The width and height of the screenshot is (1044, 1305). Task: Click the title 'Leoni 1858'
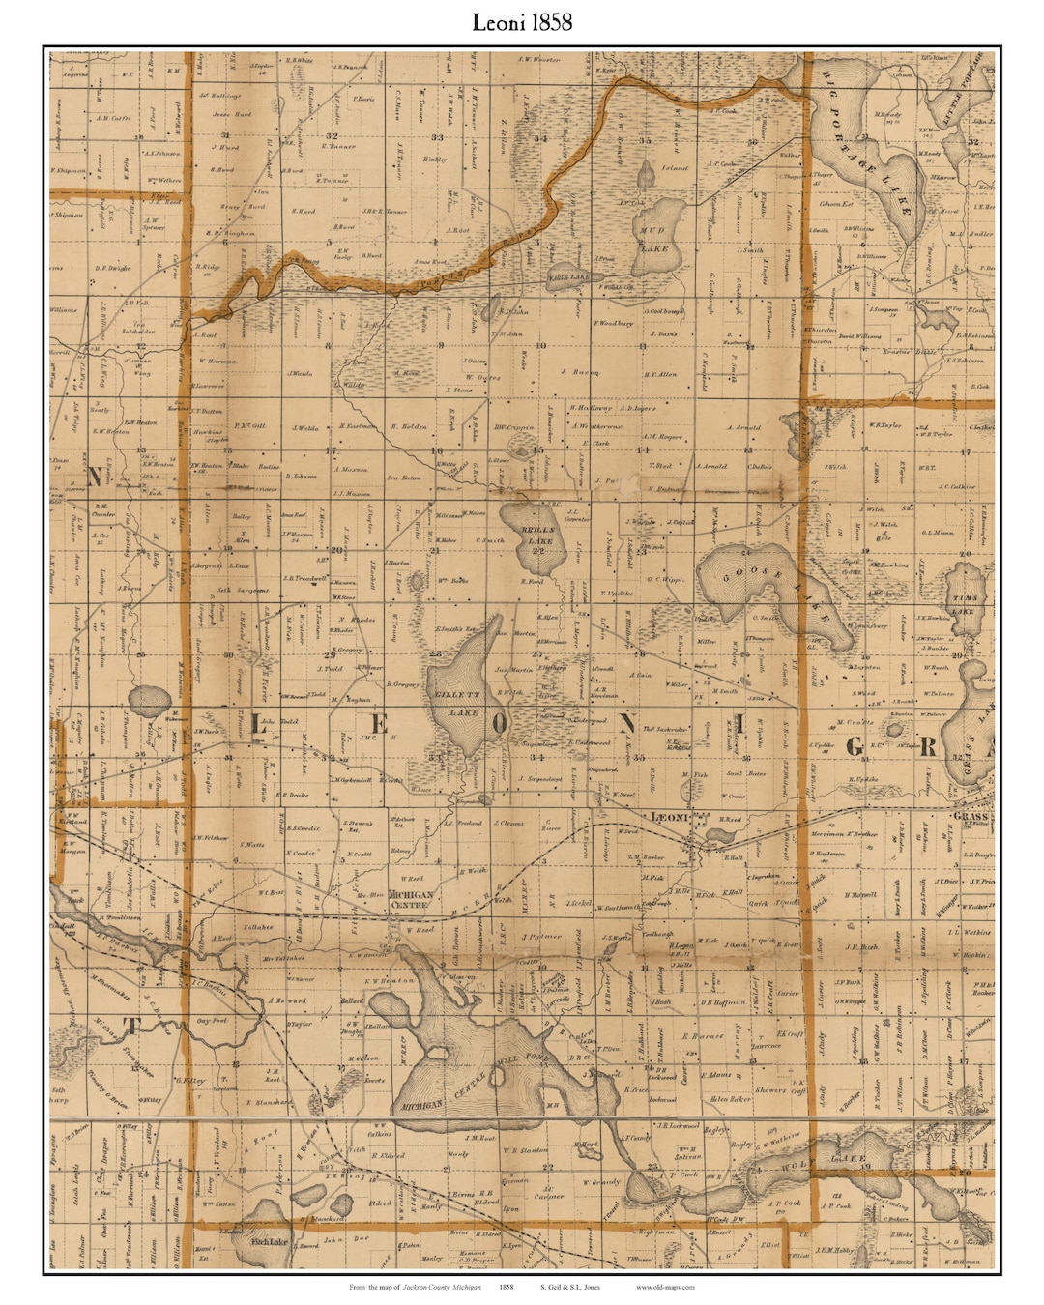(x=522, y=22)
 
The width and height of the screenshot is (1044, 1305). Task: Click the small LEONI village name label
(x=669, y=818)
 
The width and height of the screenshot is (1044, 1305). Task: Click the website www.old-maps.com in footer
(x=665, y=1288)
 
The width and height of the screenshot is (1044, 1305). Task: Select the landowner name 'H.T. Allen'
(x=660, y=374)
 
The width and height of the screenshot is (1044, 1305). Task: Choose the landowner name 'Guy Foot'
(x=211, y=1021)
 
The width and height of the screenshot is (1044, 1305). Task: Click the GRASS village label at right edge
(x=970, y=817)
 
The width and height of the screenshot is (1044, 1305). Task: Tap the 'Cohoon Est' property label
(x=837, y=204)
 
